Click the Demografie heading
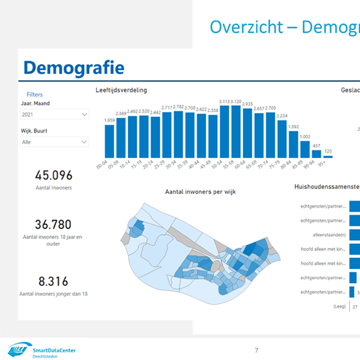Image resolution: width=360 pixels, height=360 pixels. point(73,67)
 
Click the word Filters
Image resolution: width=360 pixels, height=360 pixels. point(35,94)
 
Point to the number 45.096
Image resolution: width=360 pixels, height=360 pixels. point(53,176)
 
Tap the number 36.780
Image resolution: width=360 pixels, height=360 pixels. point(53,224)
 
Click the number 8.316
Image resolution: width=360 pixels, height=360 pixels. point(53,281)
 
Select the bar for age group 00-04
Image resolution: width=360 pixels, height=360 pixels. point(110,142)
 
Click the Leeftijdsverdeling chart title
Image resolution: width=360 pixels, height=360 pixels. point(121,91)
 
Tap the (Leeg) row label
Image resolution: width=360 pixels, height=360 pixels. point(339,307)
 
